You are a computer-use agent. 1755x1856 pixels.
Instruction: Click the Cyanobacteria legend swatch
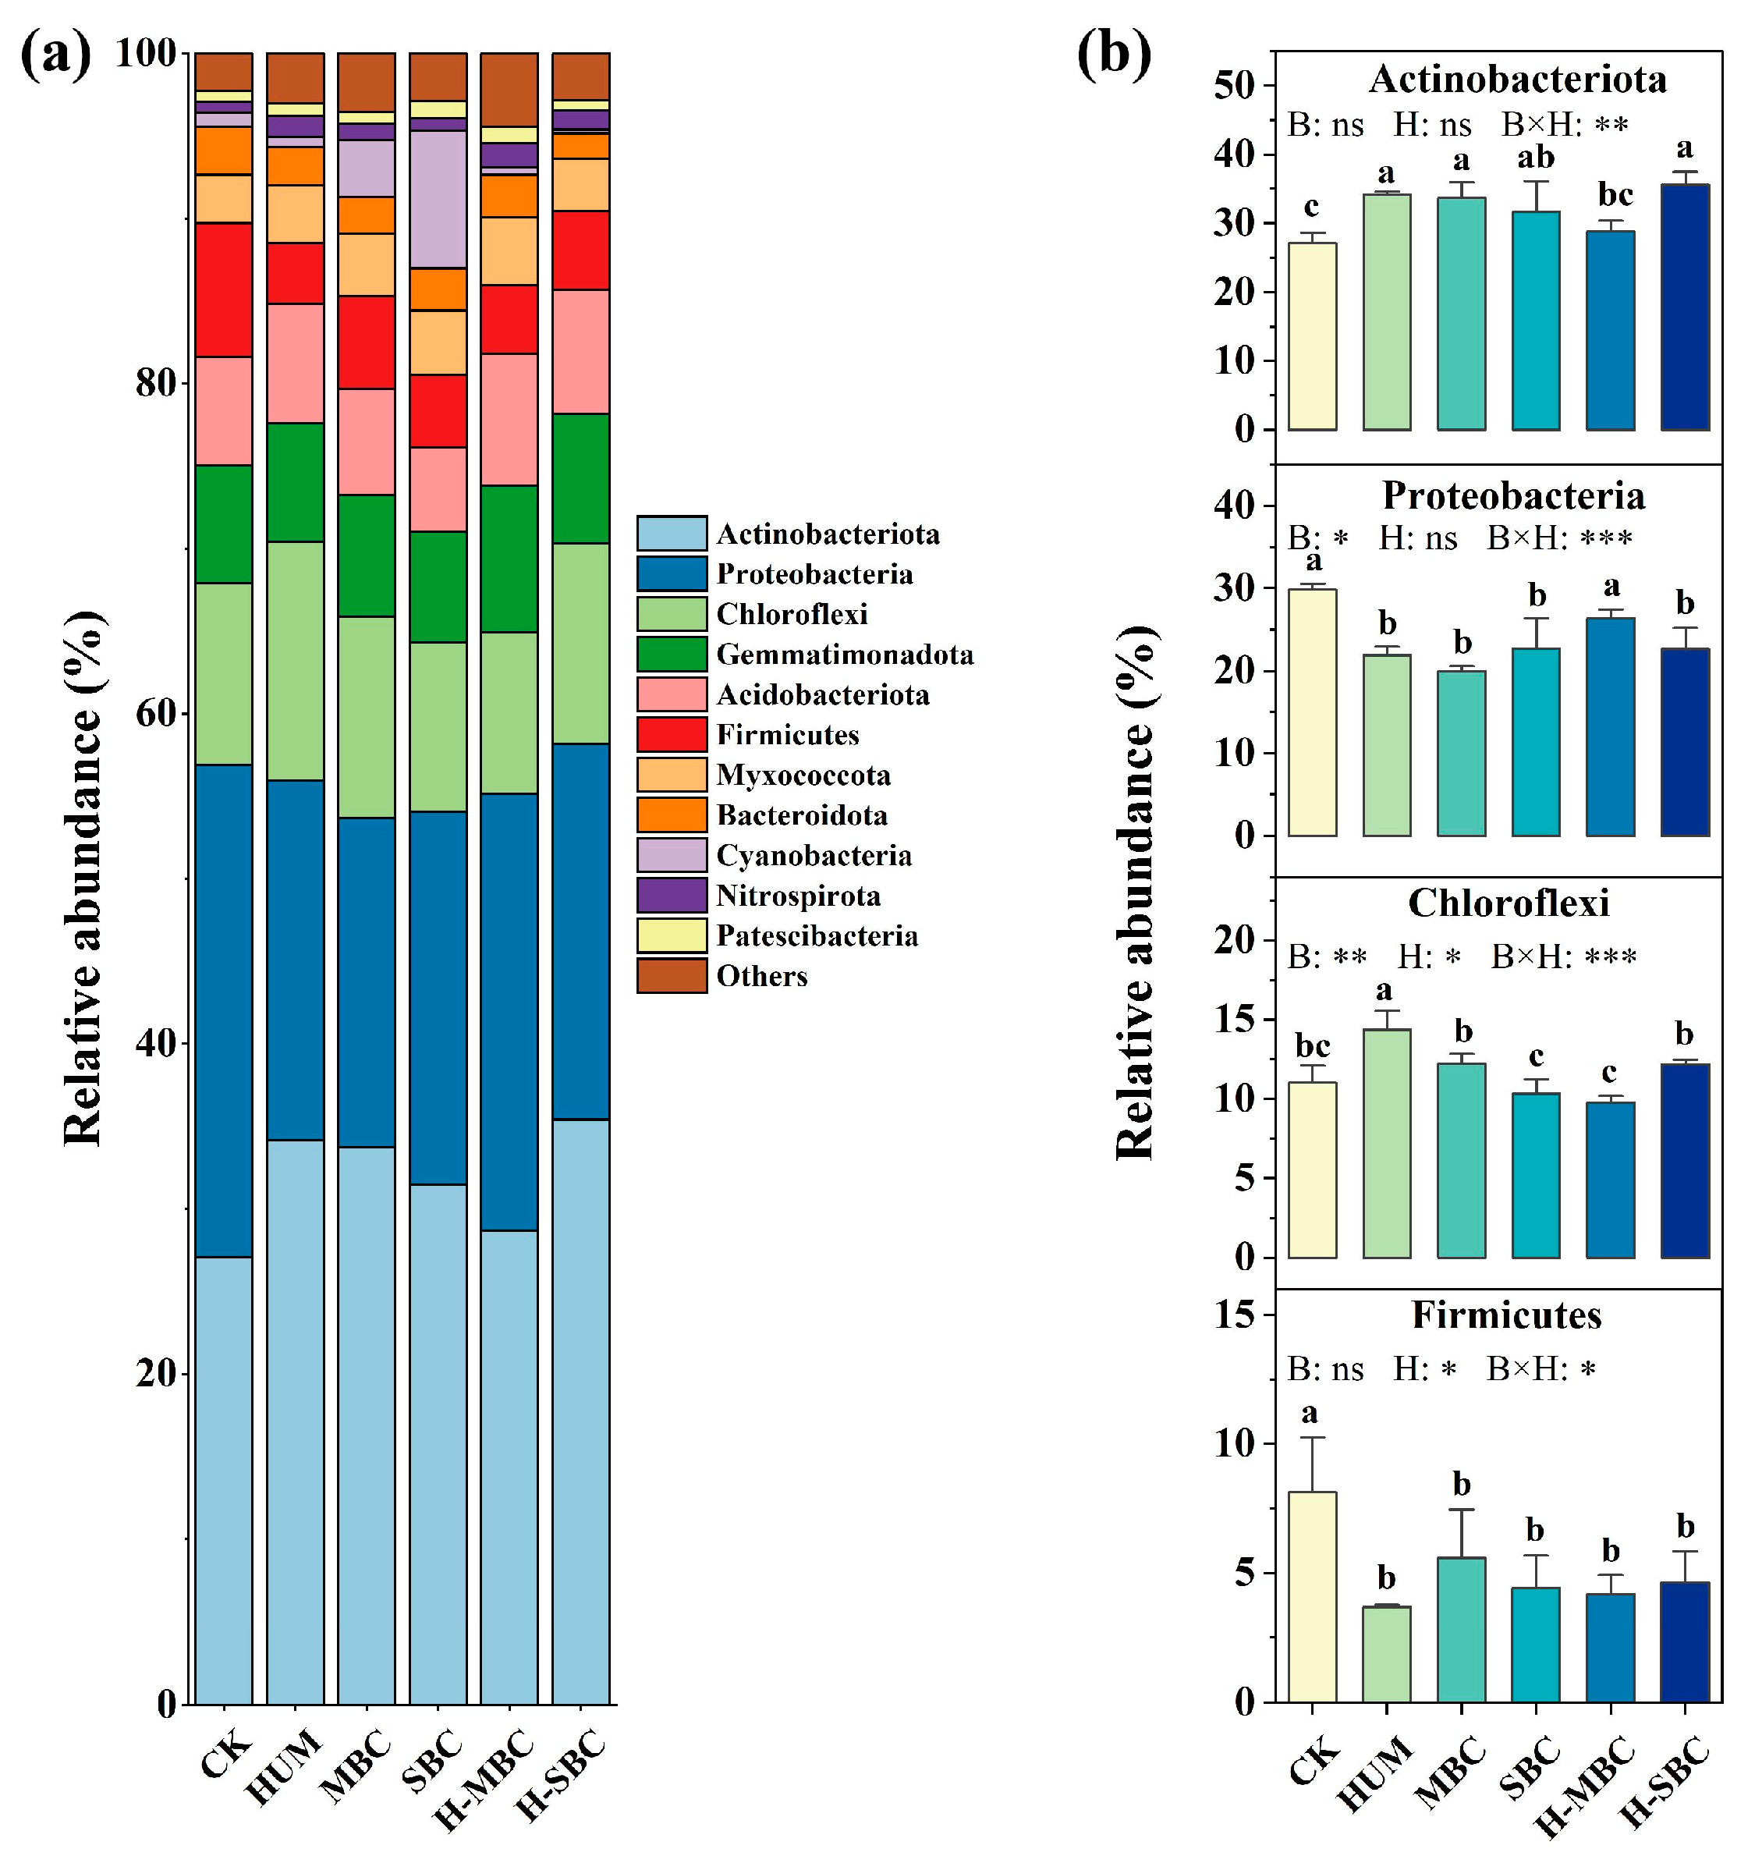(x=671, y=855)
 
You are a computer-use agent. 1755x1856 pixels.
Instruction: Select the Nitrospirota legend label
(x=798, y=896)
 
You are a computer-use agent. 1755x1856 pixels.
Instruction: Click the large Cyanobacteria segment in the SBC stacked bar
(x=438, y=199)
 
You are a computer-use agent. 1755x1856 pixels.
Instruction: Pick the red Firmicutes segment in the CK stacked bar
(x=224, y=289)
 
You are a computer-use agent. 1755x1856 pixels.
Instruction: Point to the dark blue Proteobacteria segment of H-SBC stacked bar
(x=580, y=931)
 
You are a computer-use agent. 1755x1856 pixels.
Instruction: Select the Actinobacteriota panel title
(x=1517, y=80)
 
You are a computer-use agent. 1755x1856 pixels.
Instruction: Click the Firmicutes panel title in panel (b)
(x=1506, y=1315)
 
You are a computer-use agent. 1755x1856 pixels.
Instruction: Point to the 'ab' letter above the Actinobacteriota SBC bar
(x=1535, y=157)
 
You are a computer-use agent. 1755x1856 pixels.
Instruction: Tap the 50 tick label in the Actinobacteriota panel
(x=1233, y=86)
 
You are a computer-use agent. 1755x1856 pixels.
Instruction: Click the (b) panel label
(x=1113, y=55)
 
